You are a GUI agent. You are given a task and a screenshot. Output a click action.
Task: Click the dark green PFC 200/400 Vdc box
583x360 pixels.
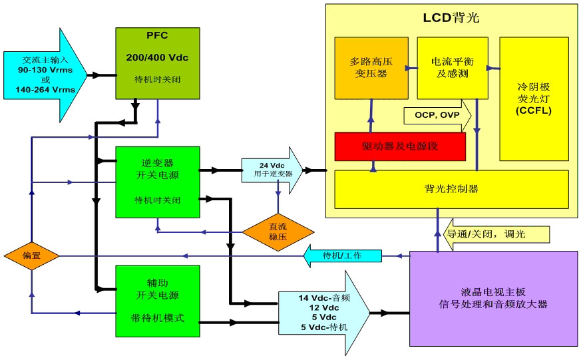coord(157,63)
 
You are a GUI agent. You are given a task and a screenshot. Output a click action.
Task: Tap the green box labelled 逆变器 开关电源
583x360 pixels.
coord(157,182)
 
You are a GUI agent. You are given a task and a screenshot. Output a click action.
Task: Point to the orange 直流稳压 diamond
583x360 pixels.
coord(278,230)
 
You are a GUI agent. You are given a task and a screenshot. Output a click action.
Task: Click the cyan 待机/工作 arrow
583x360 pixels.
coord(342,256)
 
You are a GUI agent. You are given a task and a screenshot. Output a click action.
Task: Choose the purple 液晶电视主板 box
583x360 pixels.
coord(493,297)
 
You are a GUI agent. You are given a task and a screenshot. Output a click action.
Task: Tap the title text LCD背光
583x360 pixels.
coord(451,15)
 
